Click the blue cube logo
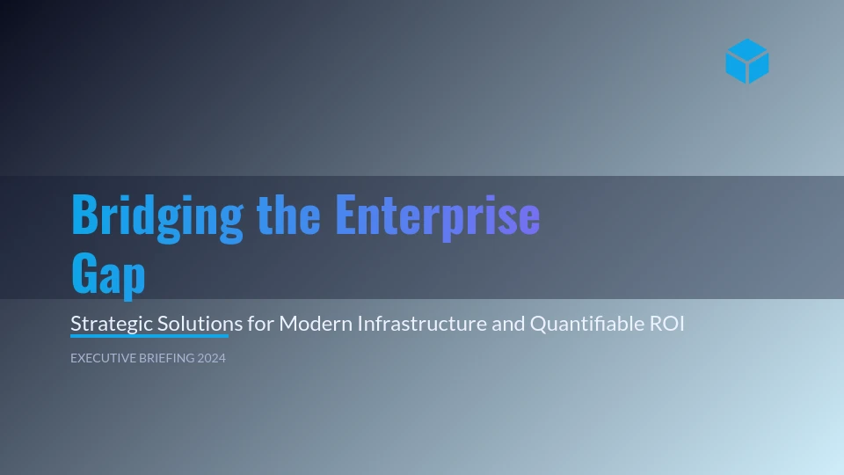[x=747, y=61]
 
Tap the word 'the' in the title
[x=288, y=215]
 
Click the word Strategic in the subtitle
[x=112, y=325]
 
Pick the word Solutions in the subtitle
[x=200, y=324]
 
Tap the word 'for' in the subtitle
[x=260, y=324]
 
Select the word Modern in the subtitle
[x=316, y=324]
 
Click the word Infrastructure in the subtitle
[x=422, y=324]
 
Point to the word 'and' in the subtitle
[x=508, y=324]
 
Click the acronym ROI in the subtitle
[x=667, y=324]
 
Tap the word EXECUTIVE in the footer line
[x=103, y=358]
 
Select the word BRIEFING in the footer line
[x=166, y=358]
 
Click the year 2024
[x=212, y=358]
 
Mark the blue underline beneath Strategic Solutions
[x=149, y=336]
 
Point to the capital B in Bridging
[x=84, y=215]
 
